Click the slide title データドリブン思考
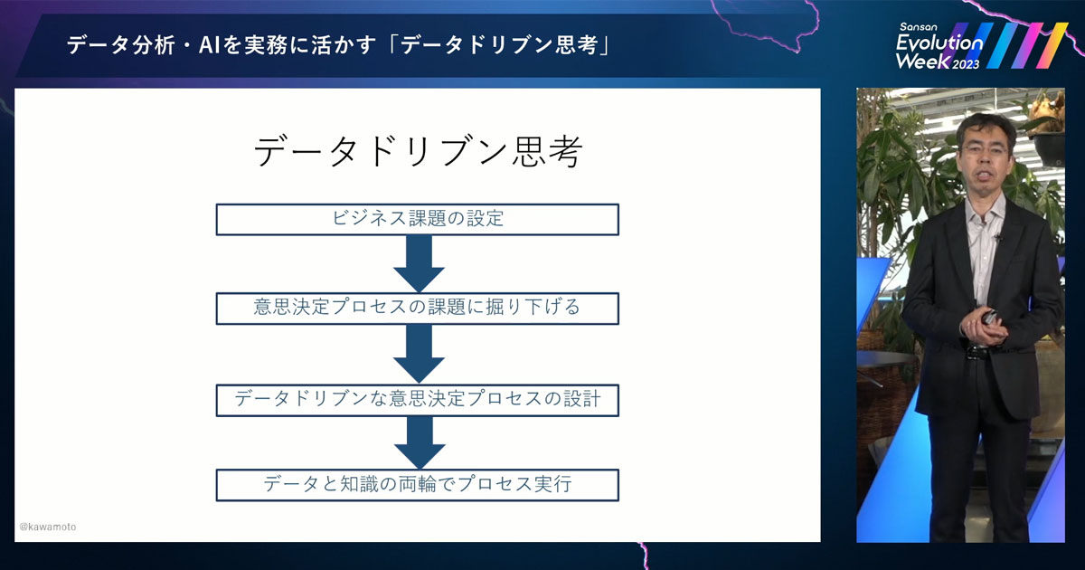pyautogui.click(x=418, y=152)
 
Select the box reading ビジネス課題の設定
pyautogui.click(x=418, y=219)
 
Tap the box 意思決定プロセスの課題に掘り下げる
pyautogui.click(x=418, y=308)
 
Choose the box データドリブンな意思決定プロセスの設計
pyautogui.click(x=418, y=399)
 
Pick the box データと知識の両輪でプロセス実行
pyautogui.click(x=418, y=484)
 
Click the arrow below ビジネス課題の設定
pyautogui.click(x=419, y=263)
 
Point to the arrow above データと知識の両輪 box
pyautogui.click(x=419, y=442)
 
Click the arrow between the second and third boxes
pyautogui.click(x=419, y=353)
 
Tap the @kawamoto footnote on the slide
pyautogui.click(x=48, y=527)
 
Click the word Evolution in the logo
pyautogui.click(x=939, y=43)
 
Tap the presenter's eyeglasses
pyautogui.click(x=981, y=144)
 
